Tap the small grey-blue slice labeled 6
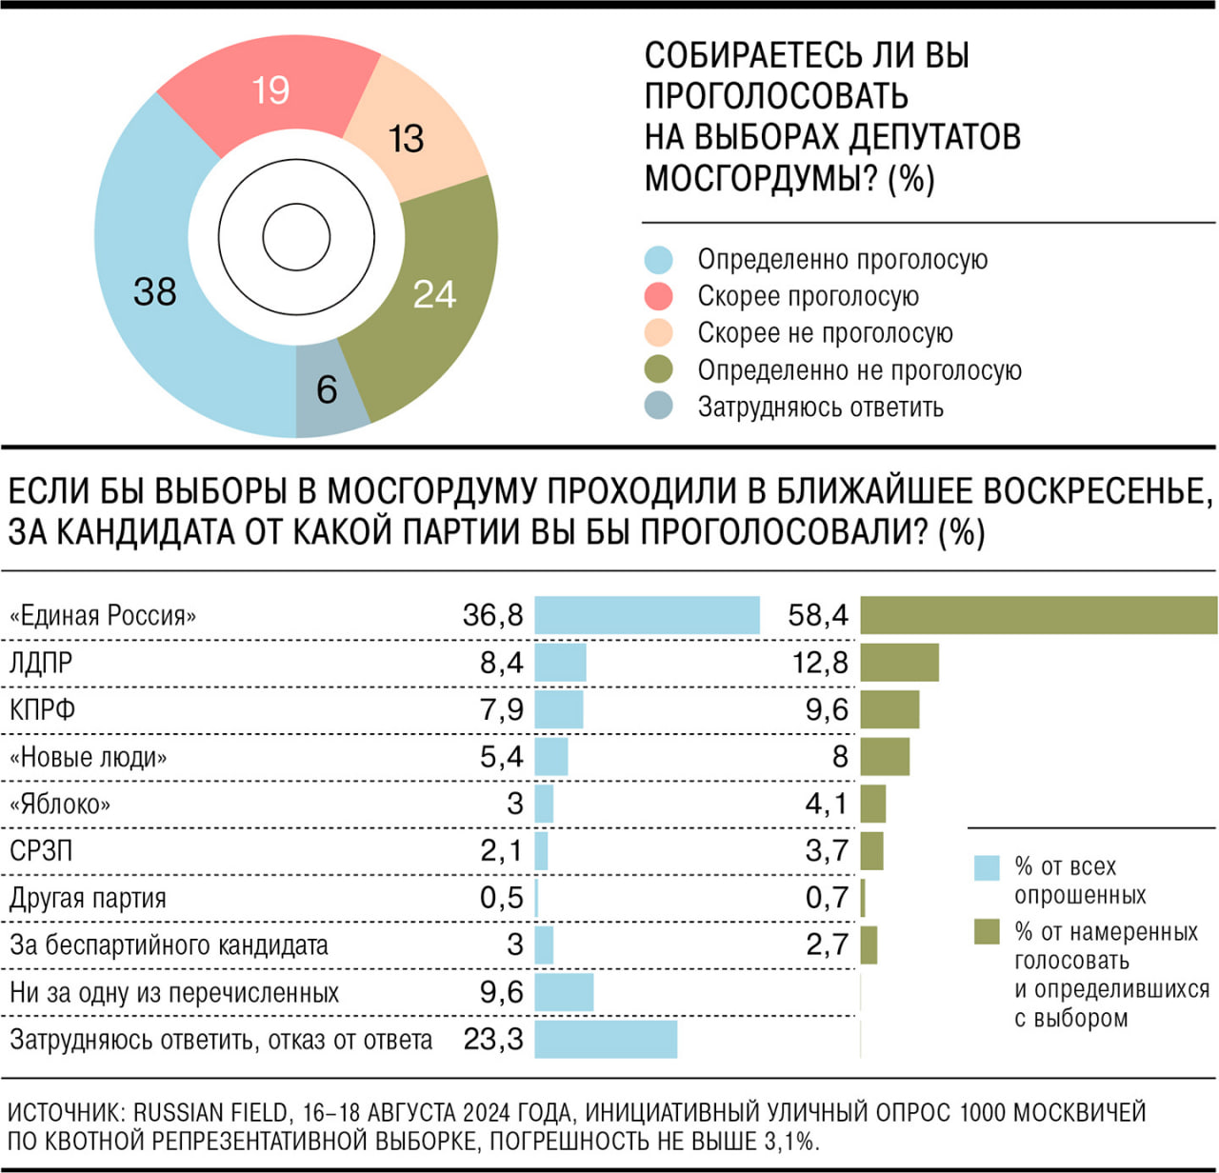(329, 390)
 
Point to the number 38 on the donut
(154, 291)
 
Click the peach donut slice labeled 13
(410, 139)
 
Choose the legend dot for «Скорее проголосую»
(658, 296)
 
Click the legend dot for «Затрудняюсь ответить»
(658, 407)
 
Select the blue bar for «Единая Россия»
(647, 615)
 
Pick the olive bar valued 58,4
(1038, 615)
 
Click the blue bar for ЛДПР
(560, 663)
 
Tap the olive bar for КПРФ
(889, 709)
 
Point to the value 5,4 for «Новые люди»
(501, 757)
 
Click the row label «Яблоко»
(59, 805)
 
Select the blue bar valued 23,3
(606, 1039)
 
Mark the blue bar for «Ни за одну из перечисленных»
(564, 992)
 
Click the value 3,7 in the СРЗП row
(826, 850)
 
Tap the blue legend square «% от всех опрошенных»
(987, 867)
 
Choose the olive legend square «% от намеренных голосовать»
(987, 932)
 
